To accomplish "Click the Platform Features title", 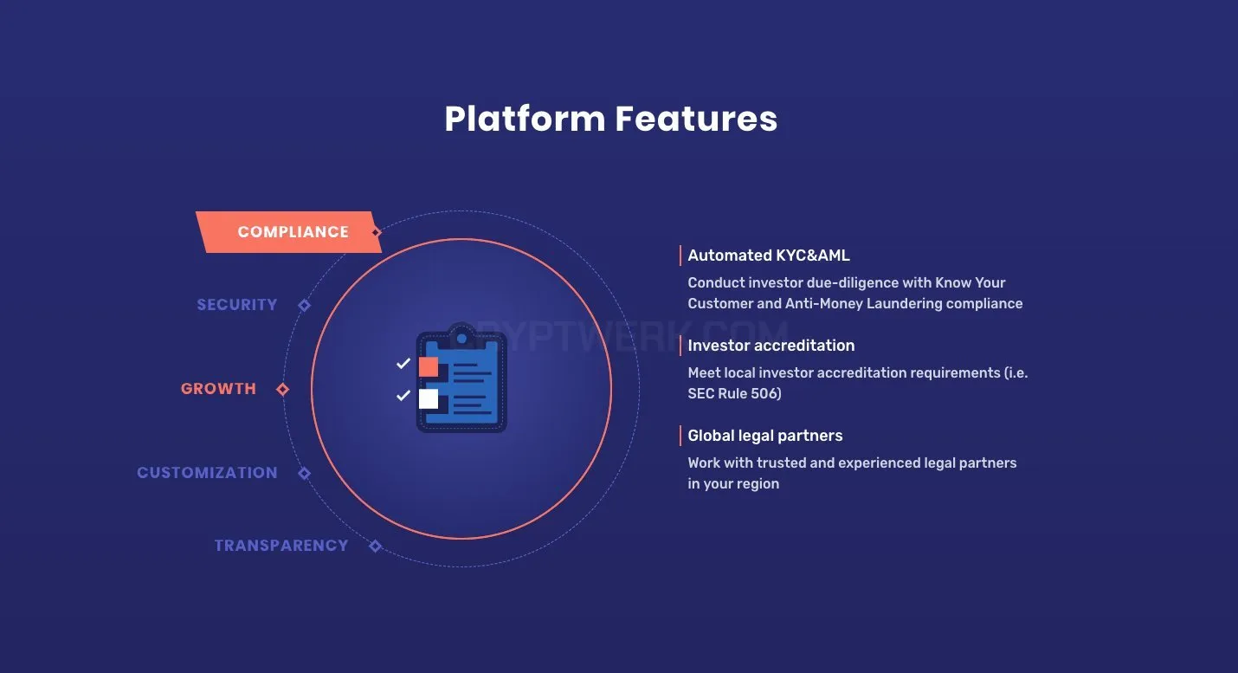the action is click(610, 119).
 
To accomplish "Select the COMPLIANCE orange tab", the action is click(288, 232).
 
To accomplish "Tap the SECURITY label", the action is click(237, 305).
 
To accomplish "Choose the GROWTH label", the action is click(218, 389).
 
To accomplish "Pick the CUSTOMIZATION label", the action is click(207, 473).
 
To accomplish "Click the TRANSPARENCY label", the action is click(281, 546).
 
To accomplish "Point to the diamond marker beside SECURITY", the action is click(304, 305).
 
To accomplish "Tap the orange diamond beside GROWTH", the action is click(282, 389).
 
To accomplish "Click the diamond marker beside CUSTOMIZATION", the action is click(304, 474).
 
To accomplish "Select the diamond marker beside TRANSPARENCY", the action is click(375, 547).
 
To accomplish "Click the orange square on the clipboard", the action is click(429, 366).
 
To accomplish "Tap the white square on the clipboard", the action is click(429, 398).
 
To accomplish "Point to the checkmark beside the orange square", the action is click(403, 363).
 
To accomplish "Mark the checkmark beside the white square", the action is click(403, 395).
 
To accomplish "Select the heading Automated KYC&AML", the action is click(768, 256).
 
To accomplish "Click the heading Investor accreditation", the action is click(771, 346).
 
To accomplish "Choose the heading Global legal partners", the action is click(765, 436).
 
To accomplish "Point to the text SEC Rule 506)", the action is click(734, 394).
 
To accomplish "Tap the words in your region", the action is click(733, 484).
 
